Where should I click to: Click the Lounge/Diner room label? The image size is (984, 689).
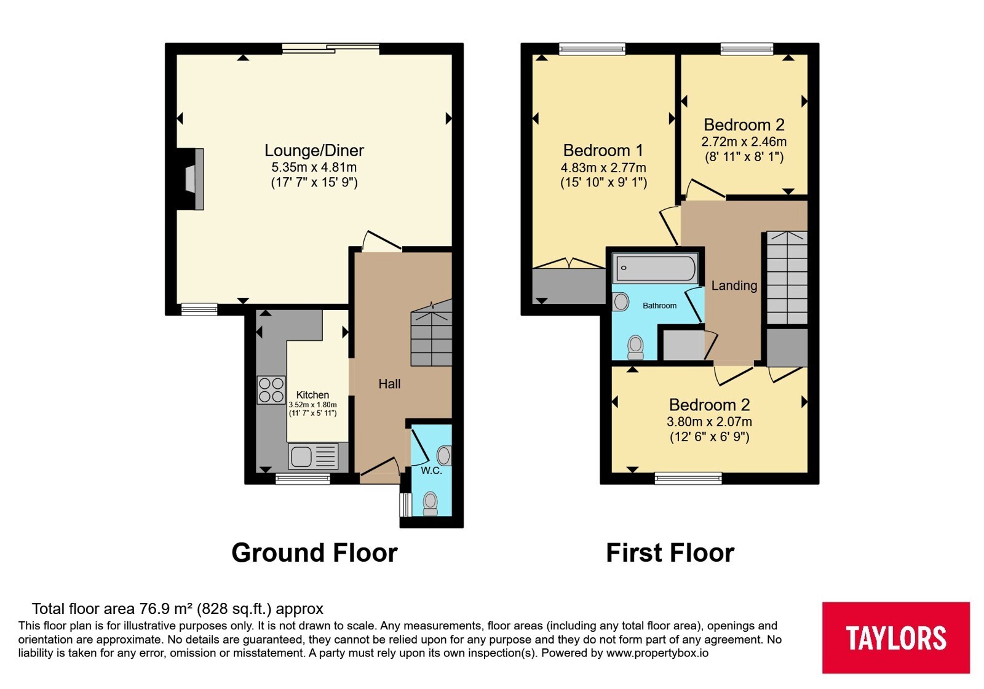click(x=314, y=151)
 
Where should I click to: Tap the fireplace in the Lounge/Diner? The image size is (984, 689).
click(x=191, y=179)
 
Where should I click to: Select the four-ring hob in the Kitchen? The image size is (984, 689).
click(x=271, y=390)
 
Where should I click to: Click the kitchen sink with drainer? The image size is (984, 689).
click(x=313, y=456)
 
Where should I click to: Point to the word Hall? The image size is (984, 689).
click(x=390, y=384)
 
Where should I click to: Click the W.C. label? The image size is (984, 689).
click(x=431, y=471)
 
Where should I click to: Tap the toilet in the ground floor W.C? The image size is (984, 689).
click(x=430, y=504)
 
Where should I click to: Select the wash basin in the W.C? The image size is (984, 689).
click(x=445, y=456)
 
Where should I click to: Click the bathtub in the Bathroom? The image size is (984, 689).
click(x=656, y=268)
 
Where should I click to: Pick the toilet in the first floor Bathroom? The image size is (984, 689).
click(x=636, y=348)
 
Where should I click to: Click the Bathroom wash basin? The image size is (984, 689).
click(x=621, y=302)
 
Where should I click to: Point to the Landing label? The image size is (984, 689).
click(x=734, y=286)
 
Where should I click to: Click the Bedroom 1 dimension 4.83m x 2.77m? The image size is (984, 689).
click(x=603, y=168)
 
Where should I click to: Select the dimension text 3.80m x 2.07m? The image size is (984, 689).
click(x=709, y=422)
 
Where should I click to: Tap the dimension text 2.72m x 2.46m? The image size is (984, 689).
click(x=744, y=142)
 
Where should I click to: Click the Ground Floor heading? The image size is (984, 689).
click(x=314, y=553)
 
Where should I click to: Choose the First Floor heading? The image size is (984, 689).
click(x=670, y=553)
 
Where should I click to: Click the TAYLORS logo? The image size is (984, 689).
click(x=895, y=637)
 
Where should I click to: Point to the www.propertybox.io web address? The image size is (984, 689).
click(x=657, y=653)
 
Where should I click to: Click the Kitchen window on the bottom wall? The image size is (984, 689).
click(x=303, y=479)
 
